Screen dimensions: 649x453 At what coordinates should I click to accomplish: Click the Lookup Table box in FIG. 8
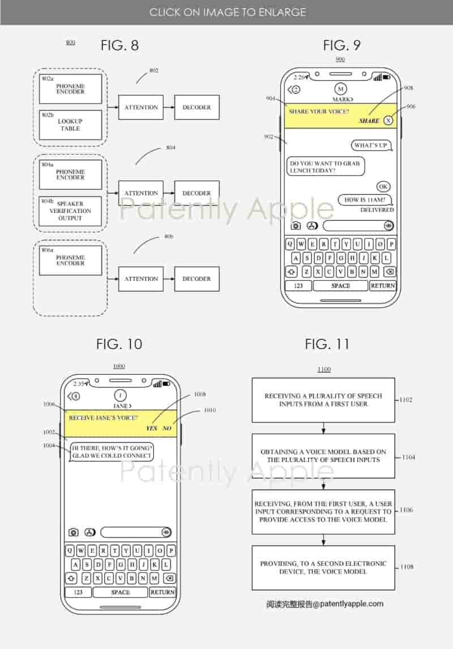coord(71,125)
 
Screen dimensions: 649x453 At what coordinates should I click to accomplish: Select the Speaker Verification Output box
coord(71,211)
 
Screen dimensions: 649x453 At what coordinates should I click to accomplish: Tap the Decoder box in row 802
coord(196,107)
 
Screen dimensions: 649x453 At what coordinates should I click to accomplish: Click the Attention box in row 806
coord(140,279)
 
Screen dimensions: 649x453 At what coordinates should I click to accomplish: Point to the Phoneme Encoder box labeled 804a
coord(71,174)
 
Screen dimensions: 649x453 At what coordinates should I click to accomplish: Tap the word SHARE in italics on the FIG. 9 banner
coord(369,121)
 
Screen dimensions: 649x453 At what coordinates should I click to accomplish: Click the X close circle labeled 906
coord(388,120)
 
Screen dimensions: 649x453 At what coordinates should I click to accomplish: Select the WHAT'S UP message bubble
coord(371,146)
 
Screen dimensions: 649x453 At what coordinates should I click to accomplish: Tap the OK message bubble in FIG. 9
coord(383,187)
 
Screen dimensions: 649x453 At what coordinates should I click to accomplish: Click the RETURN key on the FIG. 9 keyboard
coord(382,285)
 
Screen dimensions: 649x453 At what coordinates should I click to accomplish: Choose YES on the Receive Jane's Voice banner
coord(151,428)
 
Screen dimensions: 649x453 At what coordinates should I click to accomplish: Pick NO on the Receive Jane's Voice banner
coord(167,428)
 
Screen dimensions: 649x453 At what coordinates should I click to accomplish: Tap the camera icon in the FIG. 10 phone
coord(74,532)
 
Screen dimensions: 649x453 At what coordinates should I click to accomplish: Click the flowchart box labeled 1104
coord(323,456)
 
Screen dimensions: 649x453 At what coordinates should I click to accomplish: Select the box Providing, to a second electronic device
coord(323,567)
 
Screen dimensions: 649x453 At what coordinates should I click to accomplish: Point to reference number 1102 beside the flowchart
coord(406,400)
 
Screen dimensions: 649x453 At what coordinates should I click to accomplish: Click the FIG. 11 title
coord(327,344)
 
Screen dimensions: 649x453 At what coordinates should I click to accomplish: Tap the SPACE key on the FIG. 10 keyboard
coord(120,592)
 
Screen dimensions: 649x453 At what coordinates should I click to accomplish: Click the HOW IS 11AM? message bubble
coord(365,200)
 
